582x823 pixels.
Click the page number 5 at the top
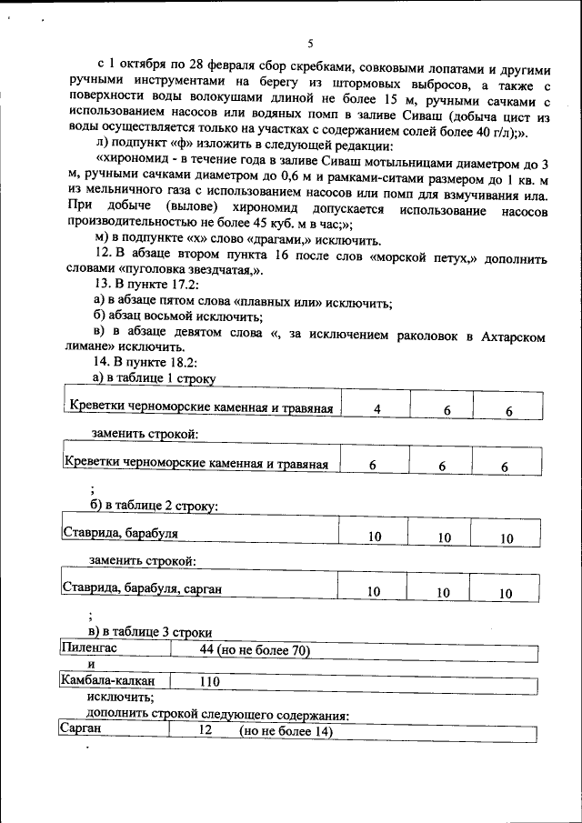tap(308, 44)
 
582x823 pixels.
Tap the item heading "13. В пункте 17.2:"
tap(145, 288)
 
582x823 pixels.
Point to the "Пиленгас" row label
tap(90, 649)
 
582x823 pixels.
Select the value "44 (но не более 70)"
tap(255, 650)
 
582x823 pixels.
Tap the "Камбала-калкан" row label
tap(106, 681)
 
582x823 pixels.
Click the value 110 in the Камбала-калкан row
tap(209, 681)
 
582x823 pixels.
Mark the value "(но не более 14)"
tap(286, 731)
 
